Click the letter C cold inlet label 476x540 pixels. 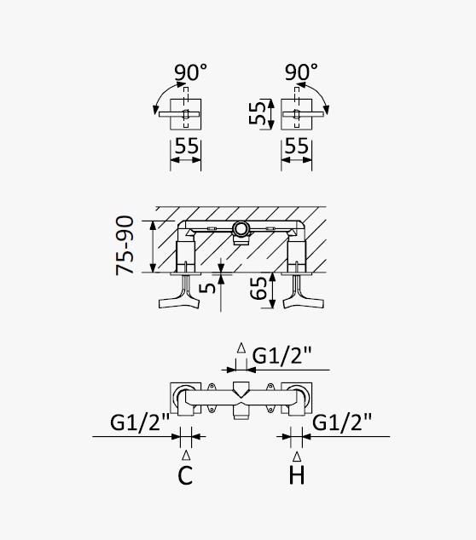[x=185, y=475]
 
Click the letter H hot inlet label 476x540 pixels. [x=297, y=475]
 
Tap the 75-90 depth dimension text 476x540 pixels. [x=125, y=245]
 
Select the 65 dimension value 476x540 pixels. [x=258, y=288]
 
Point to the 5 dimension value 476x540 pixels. [x=207, y=288]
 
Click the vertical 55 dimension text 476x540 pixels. [x=258, y=112]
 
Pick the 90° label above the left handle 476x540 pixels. [x=191, y=72]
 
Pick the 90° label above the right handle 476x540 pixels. [x=301, y=72]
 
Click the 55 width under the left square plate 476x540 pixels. [x=187, y=146]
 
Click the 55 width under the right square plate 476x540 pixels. [x=297, y=146]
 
